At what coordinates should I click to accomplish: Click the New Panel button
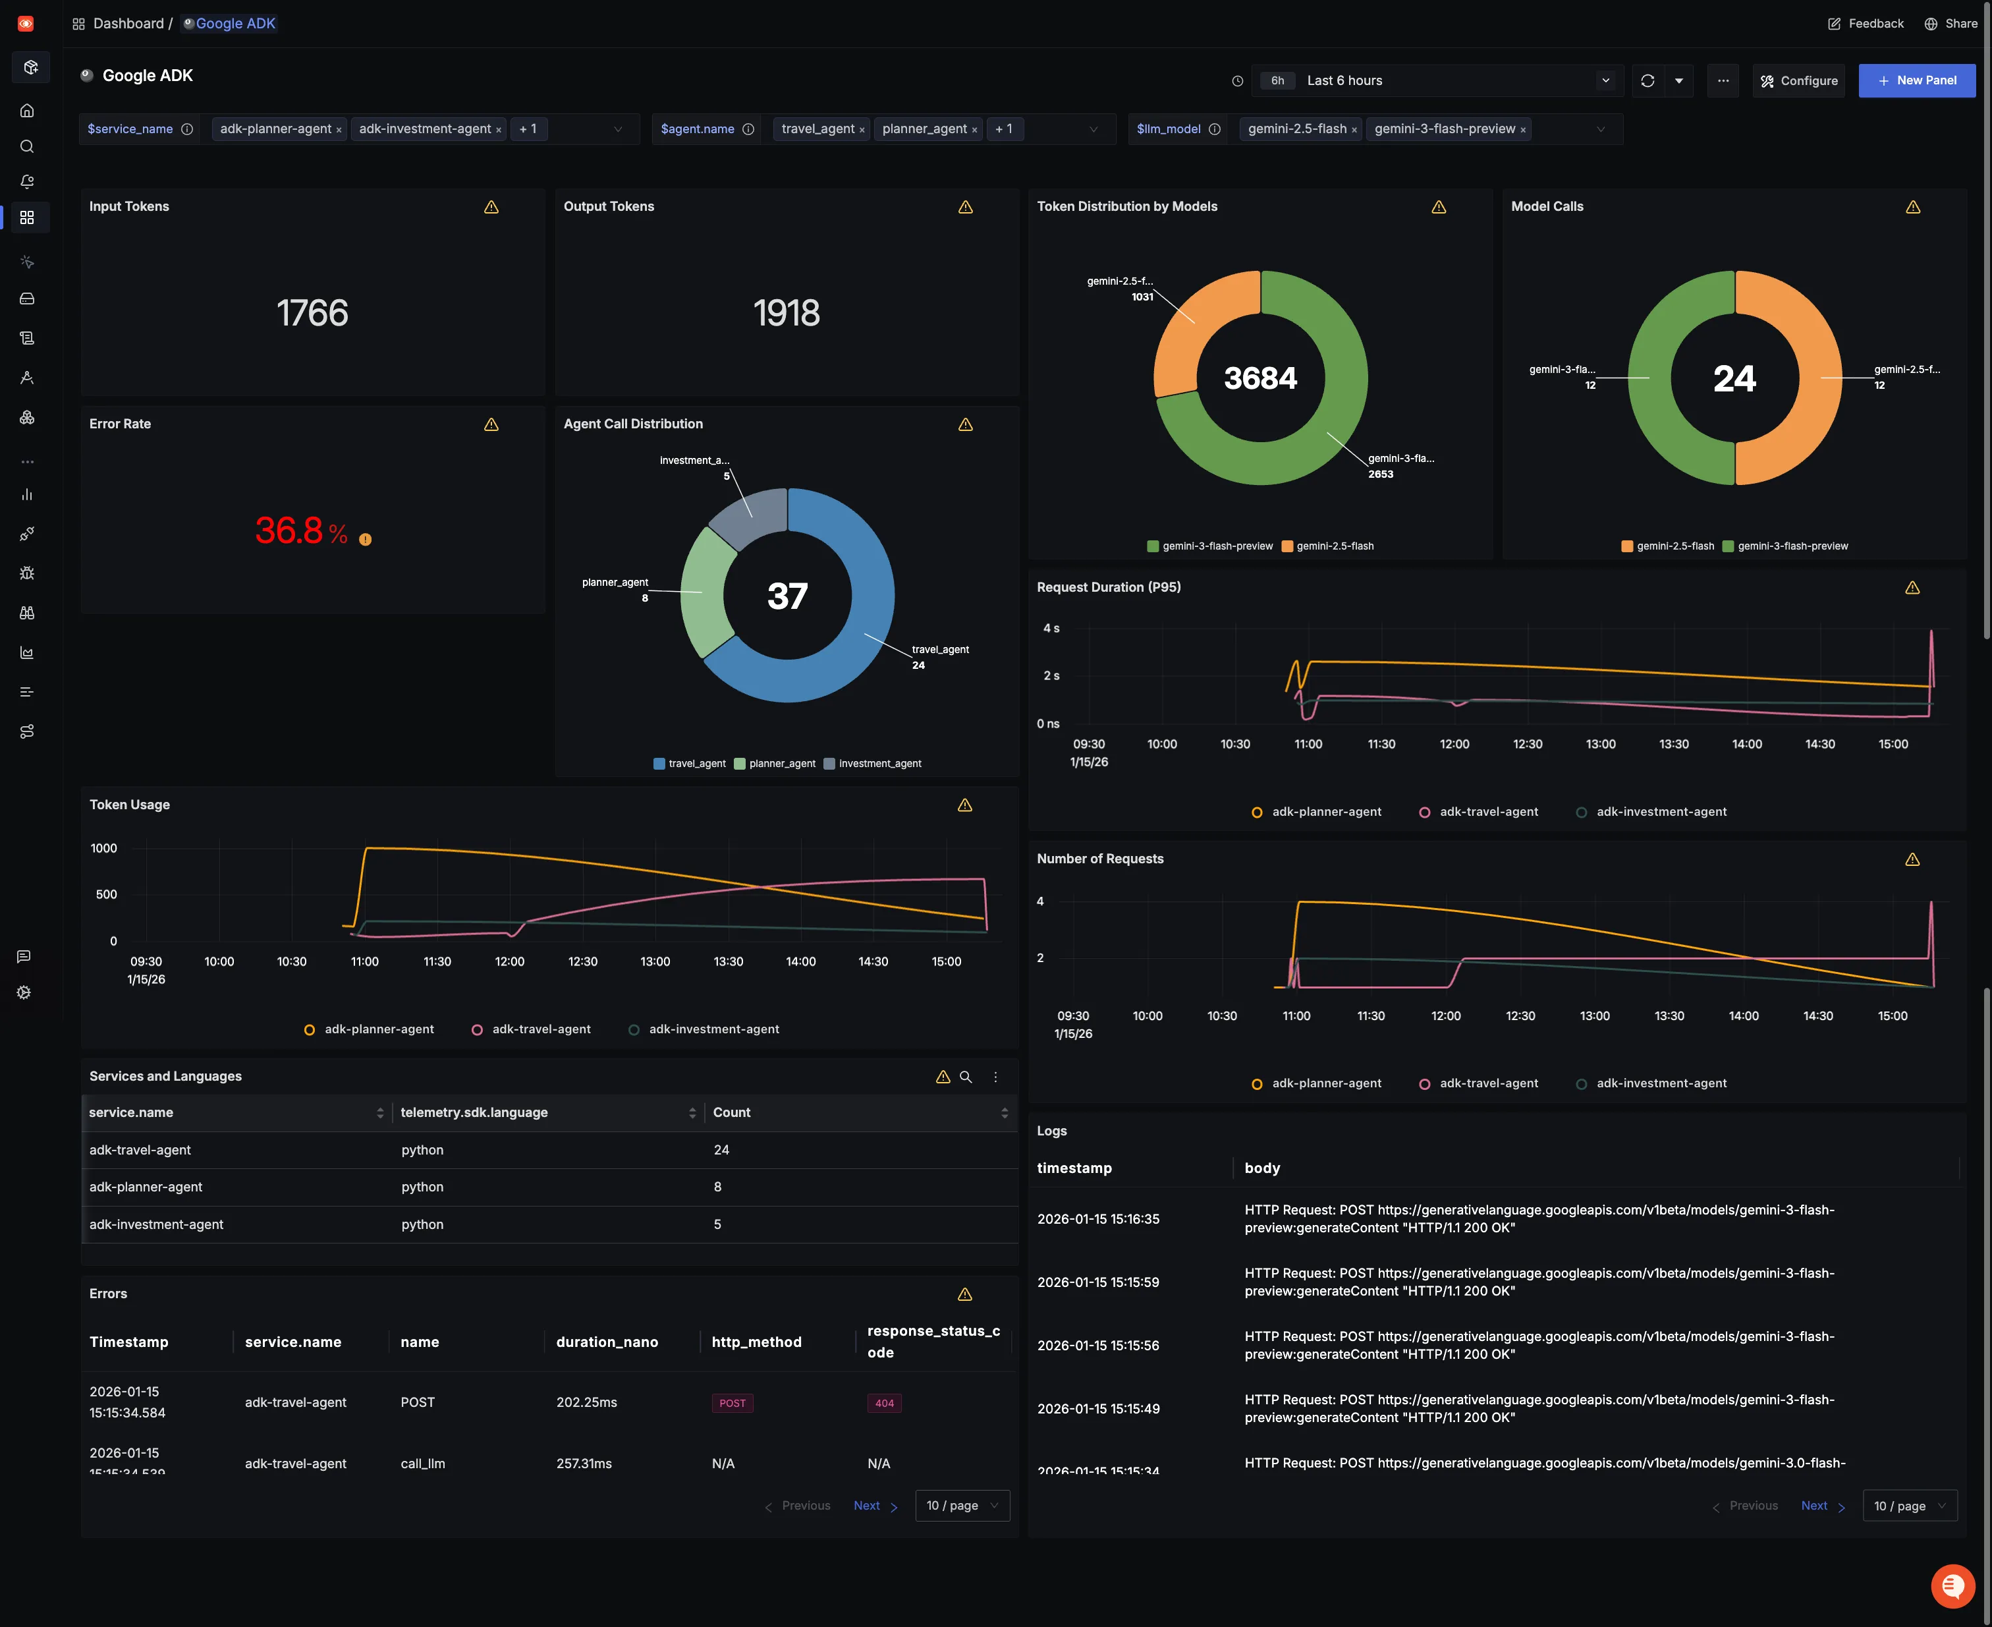coord(1916,80)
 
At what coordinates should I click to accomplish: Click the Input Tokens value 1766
coord(312,313)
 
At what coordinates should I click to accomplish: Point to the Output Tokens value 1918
coord(786,313)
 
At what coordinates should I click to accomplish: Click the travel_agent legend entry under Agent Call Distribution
coord(690,764)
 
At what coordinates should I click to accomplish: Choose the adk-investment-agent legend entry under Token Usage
coord(713,1029)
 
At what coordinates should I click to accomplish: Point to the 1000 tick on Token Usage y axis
coord(104,848)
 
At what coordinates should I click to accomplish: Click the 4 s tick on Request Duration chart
coord(1051,629)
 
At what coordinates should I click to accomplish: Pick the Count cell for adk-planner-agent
coord(718,1187)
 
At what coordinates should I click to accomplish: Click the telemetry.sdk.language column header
coord(474,1112)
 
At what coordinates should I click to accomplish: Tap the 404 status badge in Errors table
coord(883,1403)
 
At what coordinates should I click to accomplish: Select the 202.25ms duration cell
coord(586,1402)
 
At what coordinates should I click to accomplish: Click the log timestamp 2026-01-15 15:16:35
coord(1098,1218)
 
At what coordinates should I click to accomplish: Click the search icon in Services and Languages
coord(966,1077)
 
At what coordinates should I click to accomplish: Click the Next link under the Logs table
coord(1814,1505)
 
